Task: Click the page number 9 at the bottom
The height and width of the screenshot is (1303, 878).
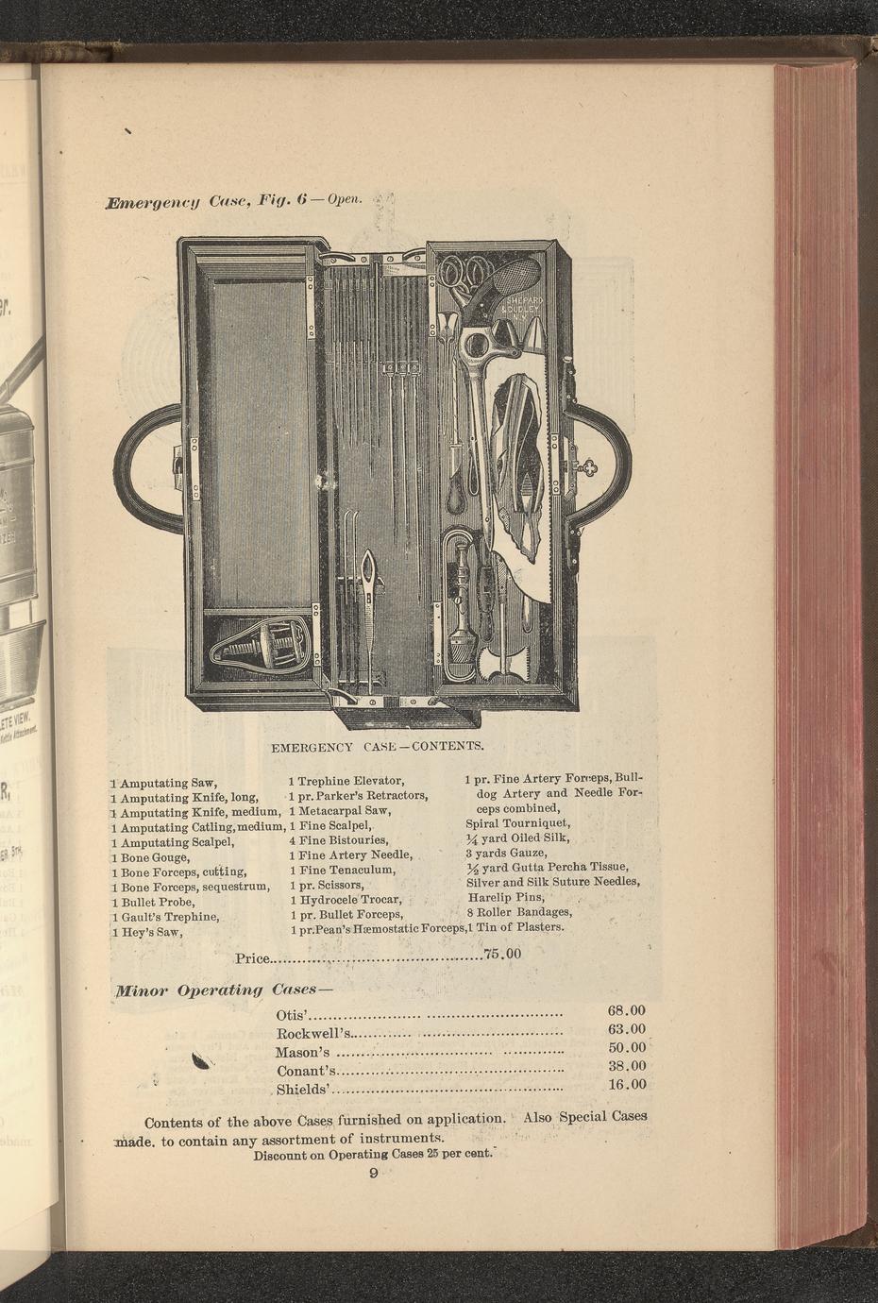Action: click(x=373, y=1173)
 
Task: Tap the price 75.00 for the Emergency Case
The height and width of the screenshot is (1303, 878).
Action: click(x=502, y=954)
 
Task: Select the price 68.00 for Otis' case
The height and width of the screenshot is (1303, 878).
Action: click(x=627, y=1010)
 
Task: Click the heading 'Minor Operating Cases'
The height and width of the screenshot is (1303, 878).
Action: click(x=224, y=990)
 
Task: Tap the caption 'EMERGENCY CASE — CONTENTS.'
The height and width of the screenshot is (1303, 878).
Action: click(x=378, y=747)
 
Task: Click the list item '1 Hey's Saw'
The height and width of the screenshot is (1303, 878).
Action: click(x=147, y=933)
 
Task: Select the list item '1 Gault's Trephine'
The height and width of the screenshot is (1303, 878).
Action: click(x=165, y=918)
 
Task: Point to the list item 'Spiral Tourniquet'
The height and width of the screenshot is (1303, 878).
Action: click(x=518, y=823)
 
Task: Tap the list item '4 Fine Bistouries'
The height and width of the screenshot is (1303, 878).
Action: click(x=339, y=840)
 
